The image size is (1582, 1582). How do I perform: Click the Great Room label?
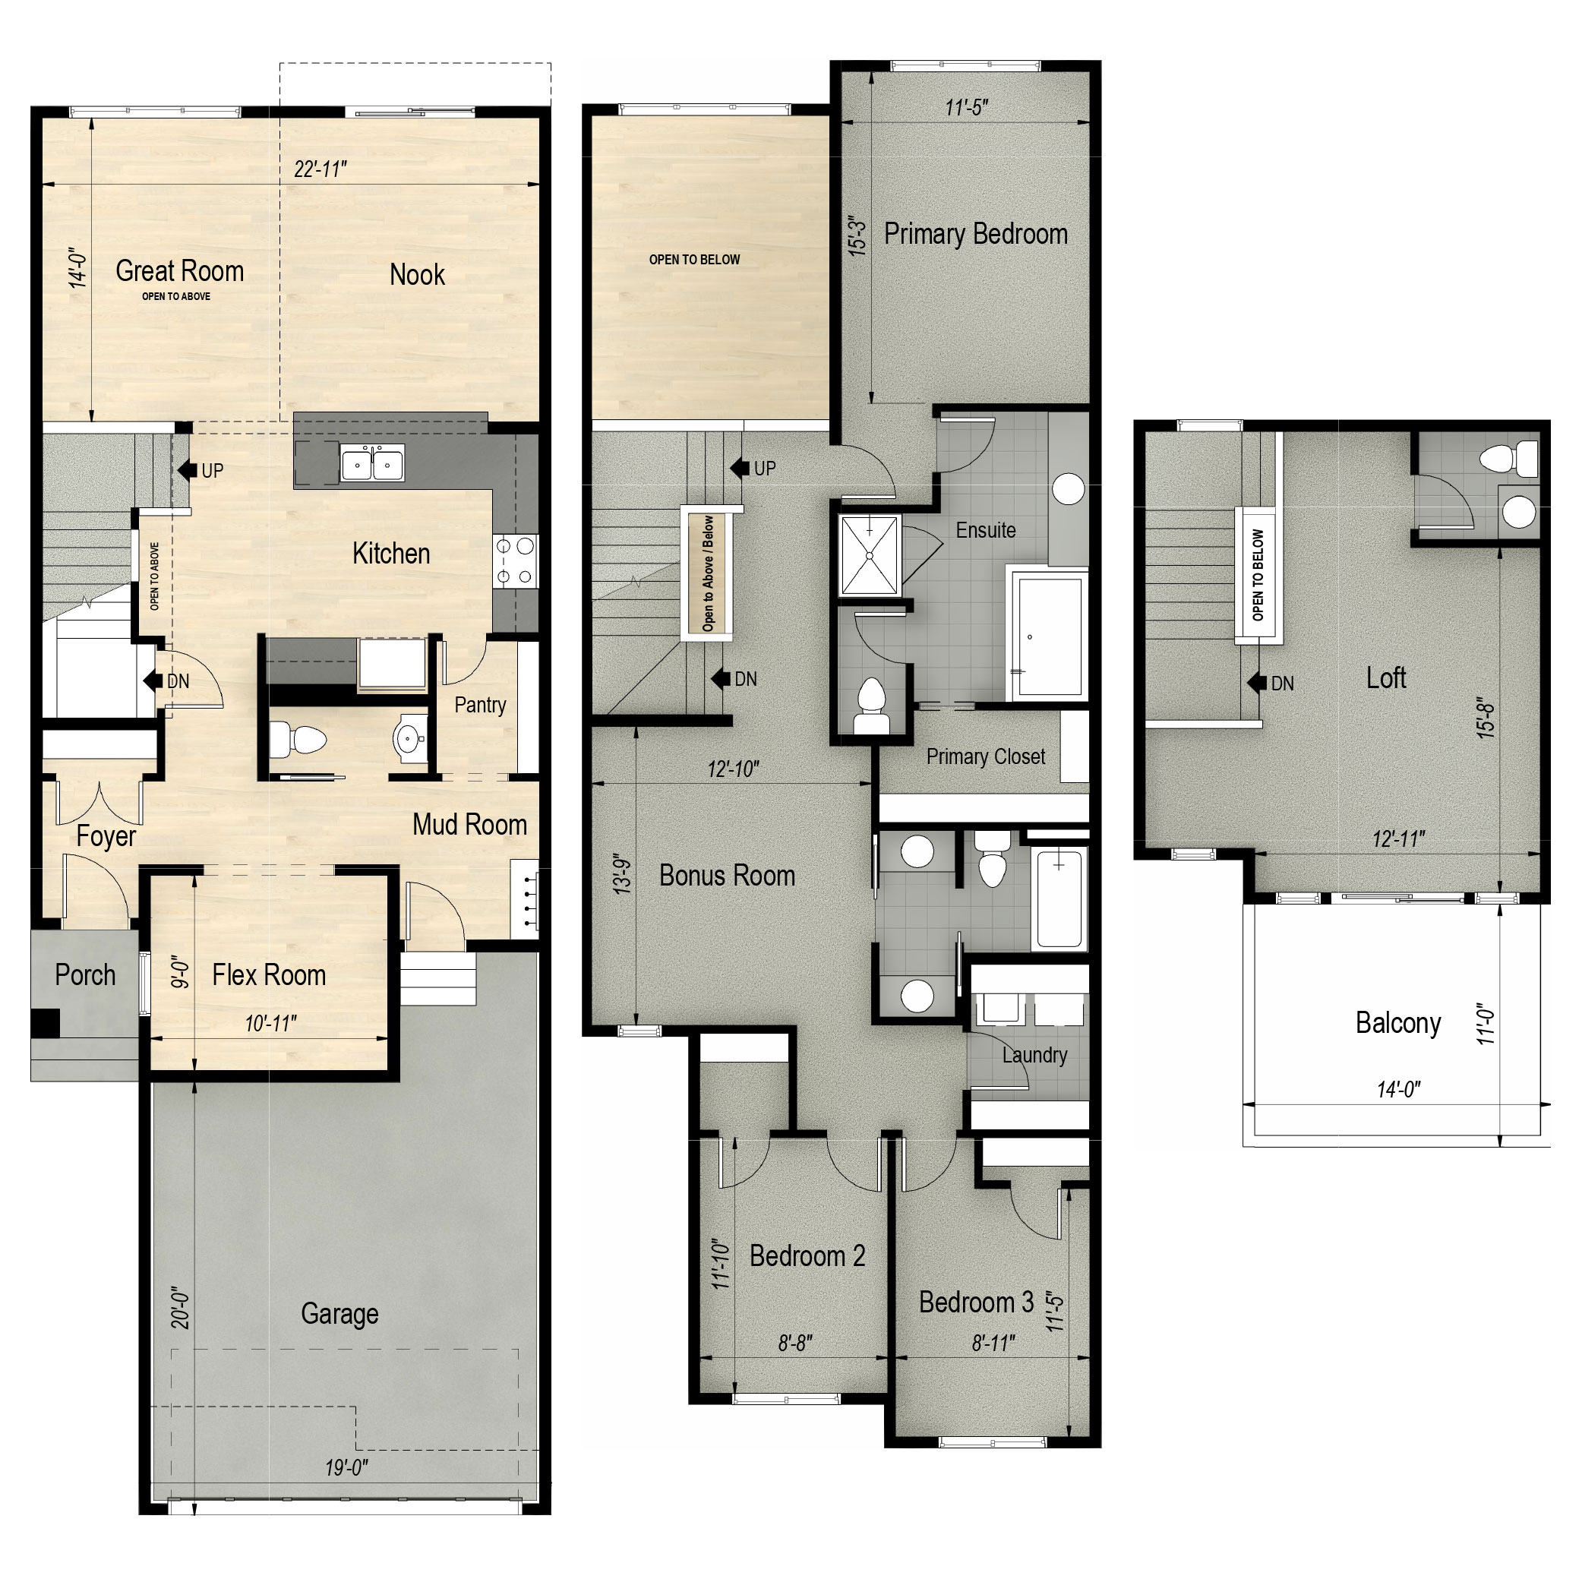[x=179, y=271]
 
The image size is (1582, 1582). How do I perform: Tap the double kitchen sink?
[x=373, y=464]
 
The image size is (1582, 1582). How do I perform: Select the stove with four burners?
[x=515, y=562]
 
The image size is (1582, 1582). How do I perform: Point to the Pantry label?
[x=480, y=705]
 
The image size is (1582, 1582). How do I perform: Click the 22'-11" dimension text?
[x=321, y=169]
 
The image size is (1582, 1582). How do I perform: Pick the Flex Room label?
[x=269, y=975]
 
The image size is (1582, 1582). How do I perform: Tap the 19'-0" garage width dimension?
[x=346, y=1467]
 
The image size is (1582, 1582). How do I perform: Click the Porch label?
[x=84, y=975]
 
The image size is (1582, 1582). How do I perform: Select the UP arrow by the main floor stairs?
[x=189, y=470]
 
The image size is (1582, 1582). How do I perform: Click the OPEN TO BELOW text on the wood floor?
[x=694, y=260]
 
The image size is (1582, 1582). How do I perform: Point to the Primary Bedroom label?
[x=975, y=234]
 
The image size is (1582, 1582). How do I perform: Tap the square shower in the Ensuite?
[x=870, y=555]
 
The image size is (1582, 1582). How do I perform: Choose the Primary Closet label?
[x=985, y=756]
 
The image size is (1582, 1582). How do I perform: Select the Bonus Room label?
[x=727, y=876]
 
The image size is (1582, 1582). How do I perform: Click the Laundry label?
[x=1034, y=1055]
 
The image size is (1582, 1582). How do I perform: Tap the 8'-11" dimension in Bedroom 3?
[x=993, y=1344]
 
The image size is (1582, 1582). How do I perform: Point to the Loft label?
[x=1385, y=678]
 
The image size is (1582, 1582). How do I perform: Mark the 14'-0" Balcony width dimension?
[x=1398, y=1089]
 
